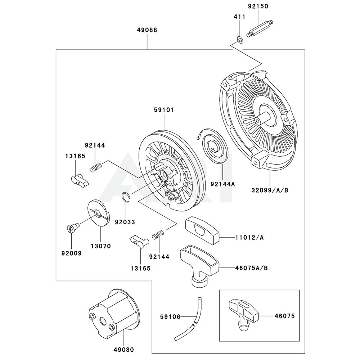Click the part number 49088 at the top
tap(147, 30)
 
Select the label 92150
tap(258, 6)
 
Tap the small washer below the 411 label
tap(239, 39)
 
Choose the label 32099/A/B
tap(270, 190)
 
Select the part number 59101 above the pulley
tap(163, 110)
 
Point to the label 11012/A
tap(249, 238)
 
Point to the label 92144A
tap(222, 184)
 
